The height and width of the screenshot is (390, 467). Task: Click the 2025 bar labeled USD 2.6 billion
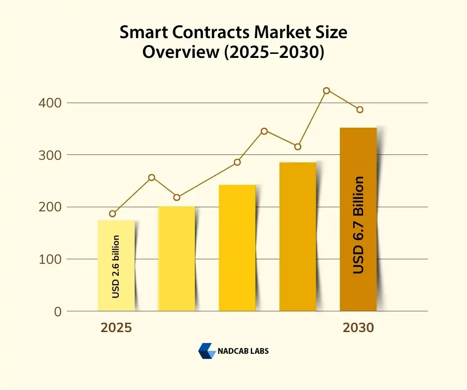pyautogui.click(x=116, y=266)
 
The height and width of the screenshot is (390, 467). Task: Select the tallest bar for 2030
pyautogui.click(x=358, y=219)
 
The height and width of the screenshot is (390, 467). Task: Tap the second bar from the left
pyautogui.click(x=177, y=258)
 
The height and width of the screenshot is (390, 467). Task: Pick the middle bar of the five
pyautogui.click(x=237, y=248)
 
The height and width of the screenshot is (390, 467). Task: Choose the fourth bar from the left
pyautogui.click(x=297, y=237)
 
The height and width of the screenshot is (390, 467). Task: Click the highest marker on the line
pyautogui.click(x=327, y=91)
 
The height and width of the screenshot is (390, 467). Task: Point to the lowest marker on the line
pyautogui.click(x=113, y=214)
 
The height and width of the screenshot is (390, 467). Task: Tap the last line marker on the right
pyautogui.click(x=360, y=109)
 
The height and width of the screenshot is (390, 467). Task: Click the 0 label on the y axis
pyautogui.click(x=58, y=311)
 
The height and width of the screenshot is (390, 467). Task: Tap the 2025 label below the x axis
pyautogui.click(x=116, y=328)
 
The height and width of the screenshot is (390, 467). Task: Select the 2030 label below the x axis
pyautogui.click(x=359, y=328)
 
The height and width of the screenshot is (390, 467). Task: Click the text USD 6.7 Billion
pyautogui.click(x=358, y=225)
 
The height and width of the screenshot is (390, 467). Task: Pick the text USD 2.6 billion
pyautogui.click(x=116, y=267)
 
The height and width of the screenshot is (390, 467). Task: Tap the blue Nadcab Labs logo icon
pyautogui.click(x=206, y=351)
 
